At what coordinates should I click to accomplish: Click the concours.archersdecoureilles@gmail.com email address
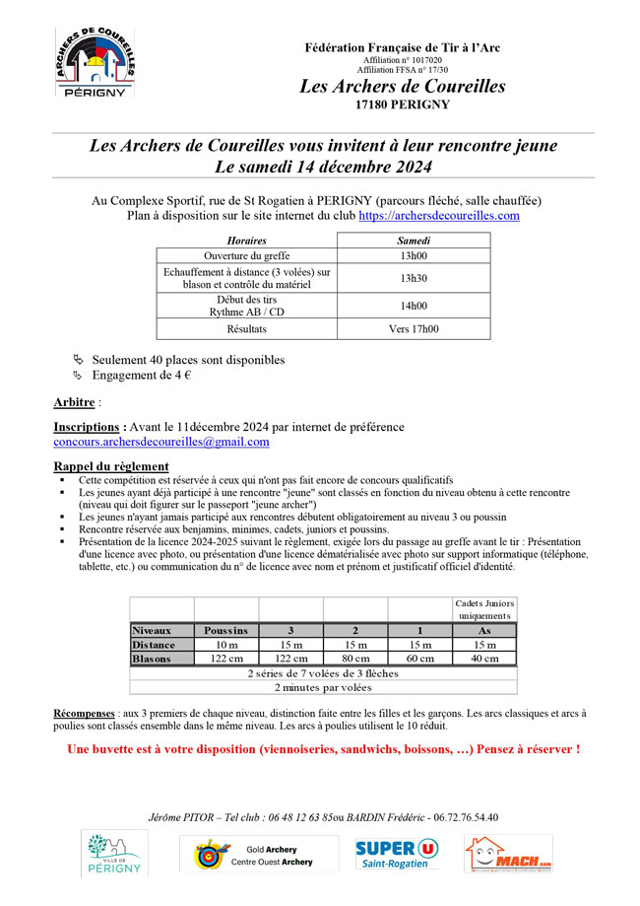click(160, 442)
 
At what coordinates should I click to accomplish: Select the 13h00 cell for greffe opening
click(413, 256)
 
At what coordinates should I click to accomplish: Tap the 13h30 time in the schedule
click(413, 278)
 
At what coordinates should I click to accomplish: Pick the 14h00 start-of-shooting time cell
click(413, 306)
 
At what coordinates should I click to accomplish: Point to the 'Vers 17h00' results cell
click(413, 329)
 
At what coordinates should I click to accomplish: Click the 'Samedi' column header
click(413, 241)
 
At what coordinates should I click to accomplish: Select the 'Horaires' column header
click(246, 241)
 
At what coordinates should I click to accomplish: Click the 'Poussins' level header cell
click(225, 630)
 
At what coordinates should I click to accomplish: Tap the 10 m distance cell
click(225, 644)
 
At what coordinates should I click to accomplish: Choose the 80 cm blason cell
click(354, 659)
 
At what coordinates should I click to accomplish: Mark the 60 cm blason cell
click(419, 659)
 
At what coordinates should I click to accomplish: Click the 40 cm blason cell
click(483, 659)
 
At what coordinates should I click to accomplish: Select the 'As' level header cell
click(483, 630)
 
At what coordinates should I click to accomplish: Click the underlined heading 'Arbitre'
click(74, 403)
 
